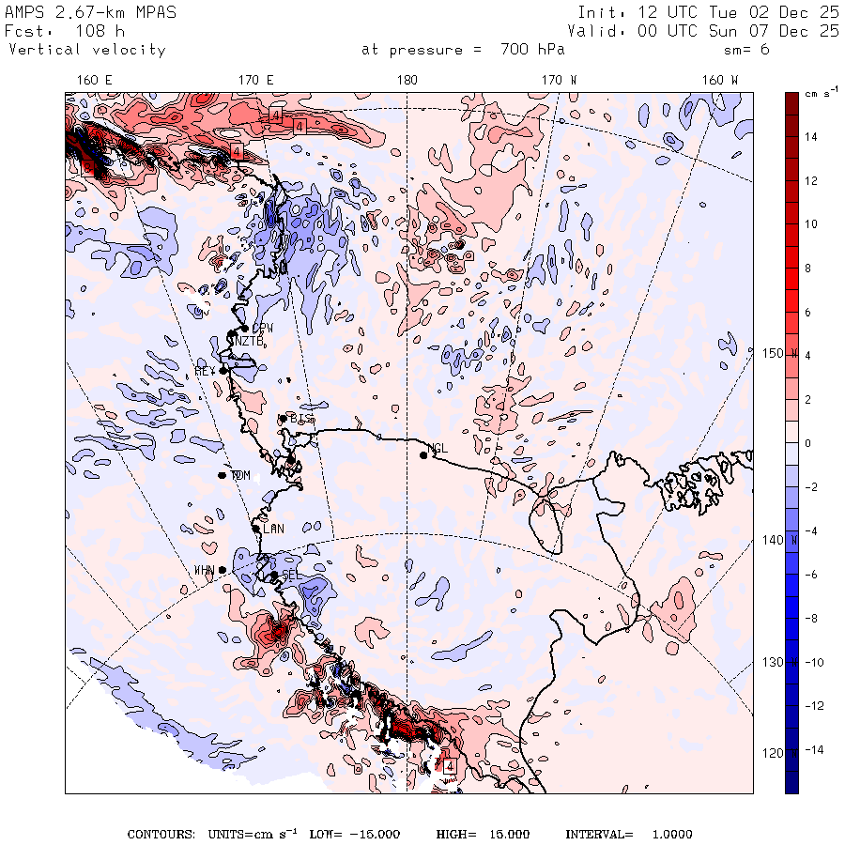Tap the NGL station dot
tap(423, 455)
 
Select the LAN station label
tap(273, 530)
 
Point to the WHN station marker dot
tap(223, 570)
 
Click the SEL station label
tap(290, 575)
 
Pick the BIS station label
tap(300, 418)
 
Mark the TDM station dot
tap(223, 475)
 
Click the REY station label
tap(206, 372)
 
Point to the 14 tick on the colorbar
tap(810, 137)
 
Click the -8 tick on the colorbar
tap(810, 618)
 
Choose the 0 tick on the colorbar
tap(810, 443)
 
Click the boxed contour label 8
tap(87, 168)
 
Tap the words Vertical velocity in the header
tap(87, 50)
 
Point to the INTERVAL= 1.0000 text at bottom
tap(629, 835)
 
